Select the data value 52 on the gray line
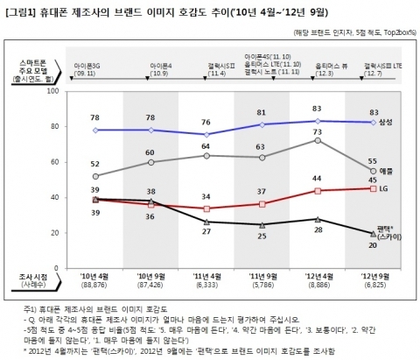(x=94, y=164)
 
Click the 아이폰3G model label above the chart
(x=94, y=65)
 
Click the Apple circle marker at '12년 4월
(x=318, y=140)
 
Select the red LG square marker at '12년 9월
(x=374, y=188)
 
